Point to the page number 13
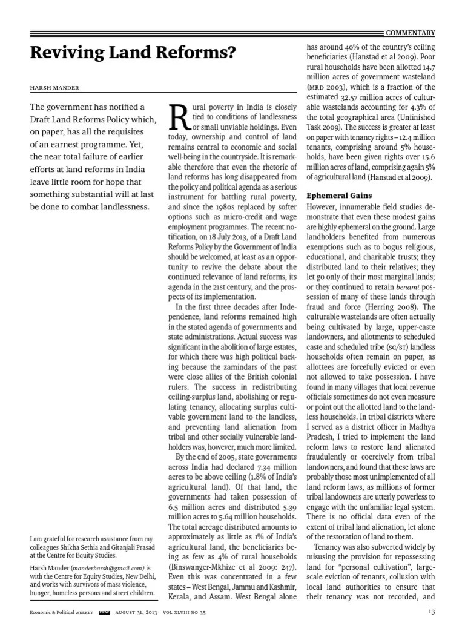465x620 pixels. pos(431,612)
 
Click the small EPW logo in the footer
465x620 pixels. pos(104,612)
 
